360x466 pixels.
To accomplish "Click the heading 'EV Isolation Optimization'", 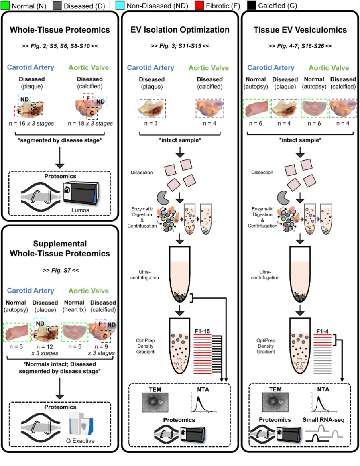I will click(x=180, y=30).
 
